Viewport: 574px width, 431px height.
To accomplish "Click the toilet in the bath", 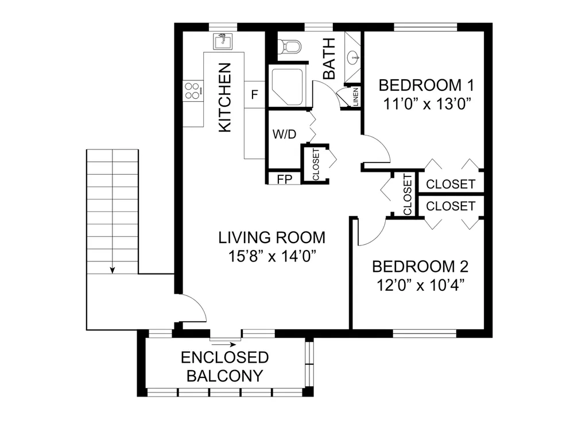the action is (x=289, y=47).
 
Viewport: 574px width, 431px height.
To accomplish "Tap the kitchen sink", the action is (x=223, y=41).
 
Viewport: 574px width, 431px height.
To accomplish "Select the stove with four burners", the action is (x=193, y=91).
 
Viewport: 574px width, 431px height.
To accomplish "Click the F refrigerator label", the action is (x=254, y=95).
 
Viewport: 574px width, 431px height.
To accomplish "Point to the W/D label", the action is (x=285, y=134).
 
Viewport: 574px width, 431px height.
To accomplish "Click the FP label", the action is (x=285, y=179).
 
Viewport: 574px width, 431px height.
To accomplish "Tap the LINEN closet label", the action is (x=355, y=97).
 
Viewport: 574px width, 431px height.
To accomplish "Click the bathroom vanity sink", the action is (x=354, y=57).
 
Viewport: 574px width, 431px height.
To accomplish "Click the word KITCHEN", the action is (x=225, y=98).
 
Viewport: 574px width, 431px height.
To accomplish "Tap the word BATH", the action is (x=329, y=59).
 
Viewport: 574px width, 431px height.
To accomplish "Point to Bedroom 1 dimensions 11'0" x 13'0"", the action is (x=426, y=104).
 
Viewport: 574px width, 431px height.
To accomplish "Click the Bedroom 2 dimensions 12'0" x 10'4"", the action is (x=421, y=285).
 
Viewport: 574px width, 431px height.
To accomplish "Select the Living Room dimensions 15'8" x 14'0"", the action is (x=272, y=256).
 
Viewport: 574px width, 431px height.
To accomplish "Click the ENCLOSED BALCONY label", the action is (x=225, y=367).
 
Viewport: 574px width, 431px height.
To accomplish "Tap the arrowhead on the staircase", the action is (x=113, y=270).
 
